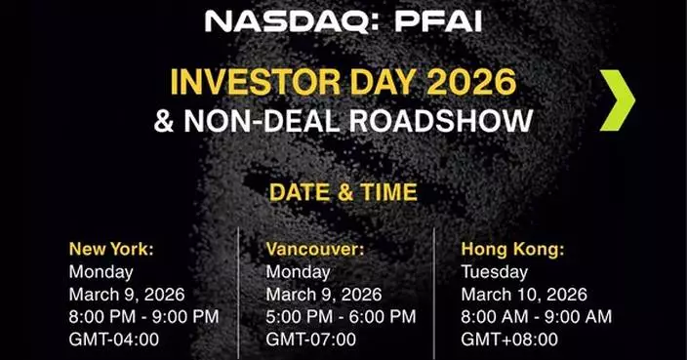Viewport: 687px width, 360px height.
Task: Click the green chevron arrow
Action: coord(617,100)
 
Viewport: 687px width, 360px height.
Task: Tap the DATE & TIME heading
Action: coord(343,192)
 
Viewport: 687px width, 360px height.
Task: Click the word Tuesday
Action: coord(494,271)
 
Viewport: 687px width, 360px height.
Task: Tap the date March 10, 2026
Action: coord(523,294)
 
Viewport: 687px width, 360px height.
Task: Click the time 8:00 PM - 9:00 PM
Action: coord(143,316)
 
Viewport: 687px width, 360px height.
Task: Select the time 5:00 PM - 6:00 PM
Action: coord(341,316)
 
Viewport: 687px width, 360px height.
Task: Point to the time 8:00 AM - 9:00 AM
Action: coord(536,316)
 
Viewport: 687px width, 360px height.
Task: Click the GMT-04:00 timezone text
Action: coord(114,340)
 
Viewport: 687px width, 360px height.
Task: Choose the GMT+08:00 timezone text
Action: coord(509,340)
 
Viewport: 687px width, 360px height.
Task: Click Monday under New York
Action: coord(101,271)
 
